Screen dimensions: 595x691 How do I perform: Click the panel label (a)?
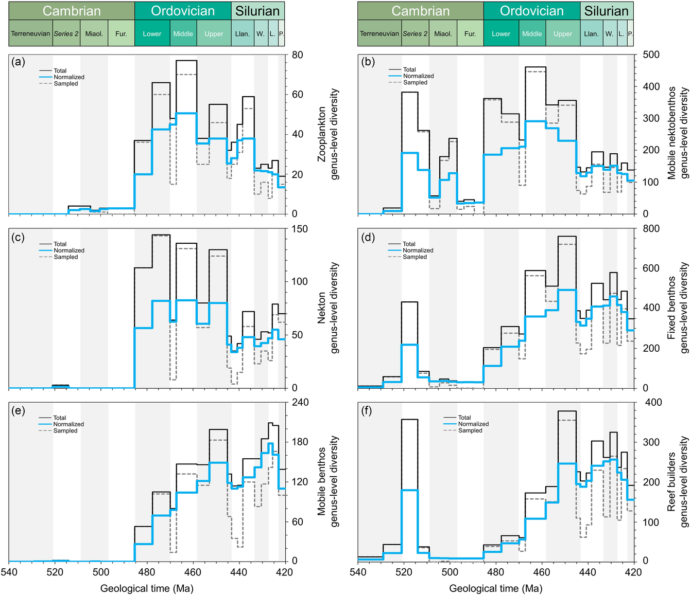pos(19,62)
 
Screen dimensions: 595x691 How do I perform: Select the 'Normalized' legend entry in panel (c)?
pos(69,250)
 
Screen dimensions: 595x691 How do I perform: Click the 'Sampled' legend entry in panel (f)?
pos(470,430)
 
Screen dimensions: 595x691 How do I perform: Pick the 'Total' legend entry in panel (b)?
pos(409,69)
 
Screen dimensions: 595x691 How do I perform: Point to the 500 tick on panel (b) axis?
pos(651,55)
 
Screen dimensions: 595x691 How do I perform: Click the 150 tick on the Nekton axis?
pos(299,229)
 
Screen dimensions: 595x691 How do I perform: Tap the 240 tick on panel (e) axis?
pos(300,402)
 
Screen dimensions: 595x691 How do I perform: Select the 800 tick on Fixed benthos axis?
pos(651,229)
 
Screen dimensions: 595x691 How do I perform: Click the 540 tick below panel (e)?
pos(9,572)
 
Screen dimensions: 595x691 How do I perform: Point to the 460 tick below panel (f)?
pos(542,572)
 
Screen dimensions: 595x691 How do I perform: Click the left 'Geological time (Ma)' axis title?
pos(147,588)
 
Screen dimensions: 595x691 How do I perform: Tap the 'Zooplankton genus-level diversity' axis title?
pos(328,134)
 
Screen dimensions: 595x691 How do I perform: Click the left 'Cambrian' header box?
pos(72,11)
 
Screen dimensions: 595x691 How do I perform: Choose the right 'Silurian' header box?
pos(607,11)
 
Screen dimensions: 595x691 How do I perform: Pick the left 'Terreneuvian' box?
pos(31,34)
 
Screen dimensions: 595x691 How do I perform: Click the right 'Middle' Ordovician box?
pos(532,34)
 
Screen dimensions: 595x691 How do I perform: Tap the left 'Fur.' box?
pos(121,34)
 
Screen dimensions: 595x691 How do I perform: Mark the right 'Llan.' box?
pos(591,34)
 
